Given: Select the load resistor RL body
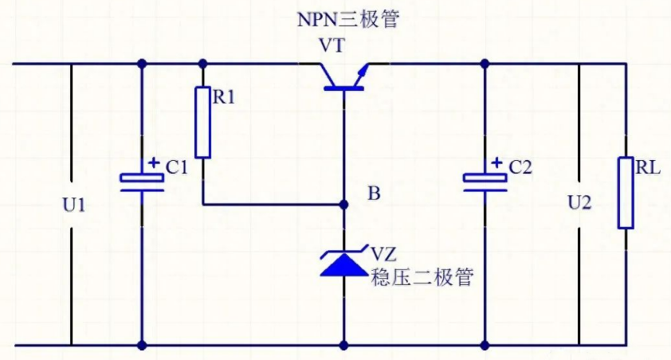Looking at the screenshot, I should tap(626, 193).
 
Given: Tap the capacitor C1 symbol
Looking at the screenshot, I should tap(142, 181).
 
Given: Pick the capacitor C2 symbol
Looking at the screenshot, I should tap(485, 181).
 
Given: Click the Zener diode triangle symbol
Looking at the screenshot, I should tap(344, 262).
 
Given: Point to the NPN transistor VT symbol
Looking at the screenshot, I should tap(344, 76).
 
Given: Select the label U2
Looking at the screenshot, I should tap(579, 203).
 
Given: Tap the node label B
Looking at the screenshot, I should tap(375, 194).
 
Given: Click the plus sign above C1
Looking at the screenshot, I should tap(154, 162).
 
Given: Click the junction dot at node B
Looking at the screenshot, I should tap(344, 205).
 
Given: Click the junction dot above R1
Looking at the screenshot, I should tap(203, 63).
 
